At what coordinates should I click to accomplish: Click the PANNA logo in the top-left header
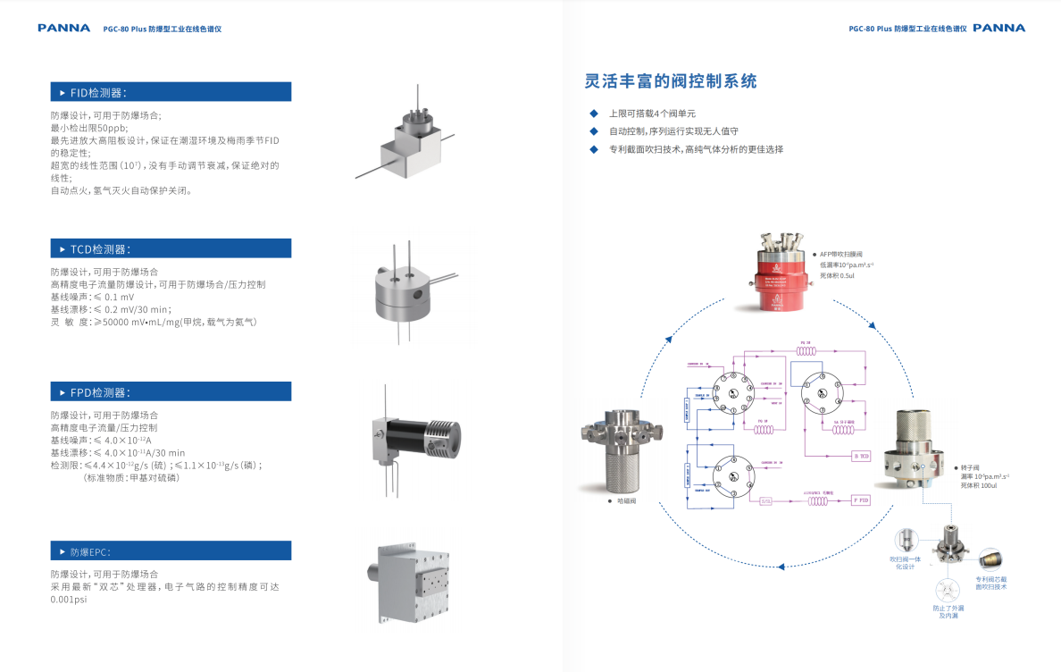tap(63, 28)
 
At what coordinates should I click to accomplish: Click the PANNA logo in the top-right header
tap(998, 28)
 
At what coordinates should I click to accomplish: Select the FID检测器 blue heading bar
tap(170, 92)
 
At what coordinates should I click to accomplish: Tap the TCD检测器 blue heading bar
tap(170, 248)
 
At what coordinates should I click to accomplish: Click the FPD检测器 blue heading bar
tap(170, 391)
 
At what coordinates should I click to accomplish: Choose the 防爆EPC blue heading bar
tap(170, 550)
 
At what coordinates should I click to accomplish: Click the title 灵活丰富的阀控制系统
tap(671, 81)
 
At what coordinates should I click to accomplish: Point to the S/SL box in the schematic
tap(765, 500)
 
